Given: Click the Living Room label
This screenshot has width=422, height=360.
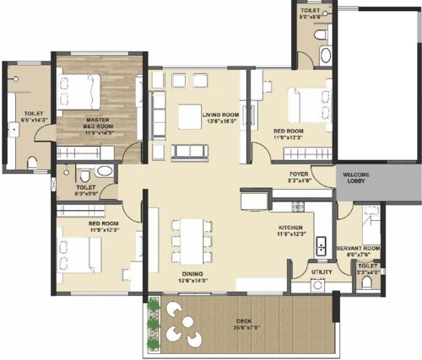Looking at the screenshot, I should click(x=220, y=115).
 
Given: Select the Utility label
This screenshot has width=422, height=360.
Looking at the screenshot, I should click(x=320, y=272).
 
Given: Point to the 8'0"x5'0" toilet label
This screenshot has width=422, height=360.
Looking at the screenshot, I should click(x=86, y=190).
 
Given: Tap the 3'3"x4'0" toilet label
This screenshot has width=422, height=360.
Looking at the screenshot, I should click(x=367, y=269).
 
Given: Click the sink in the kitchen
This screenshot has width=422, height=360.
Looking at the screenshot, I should click(x=322, y=246).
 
